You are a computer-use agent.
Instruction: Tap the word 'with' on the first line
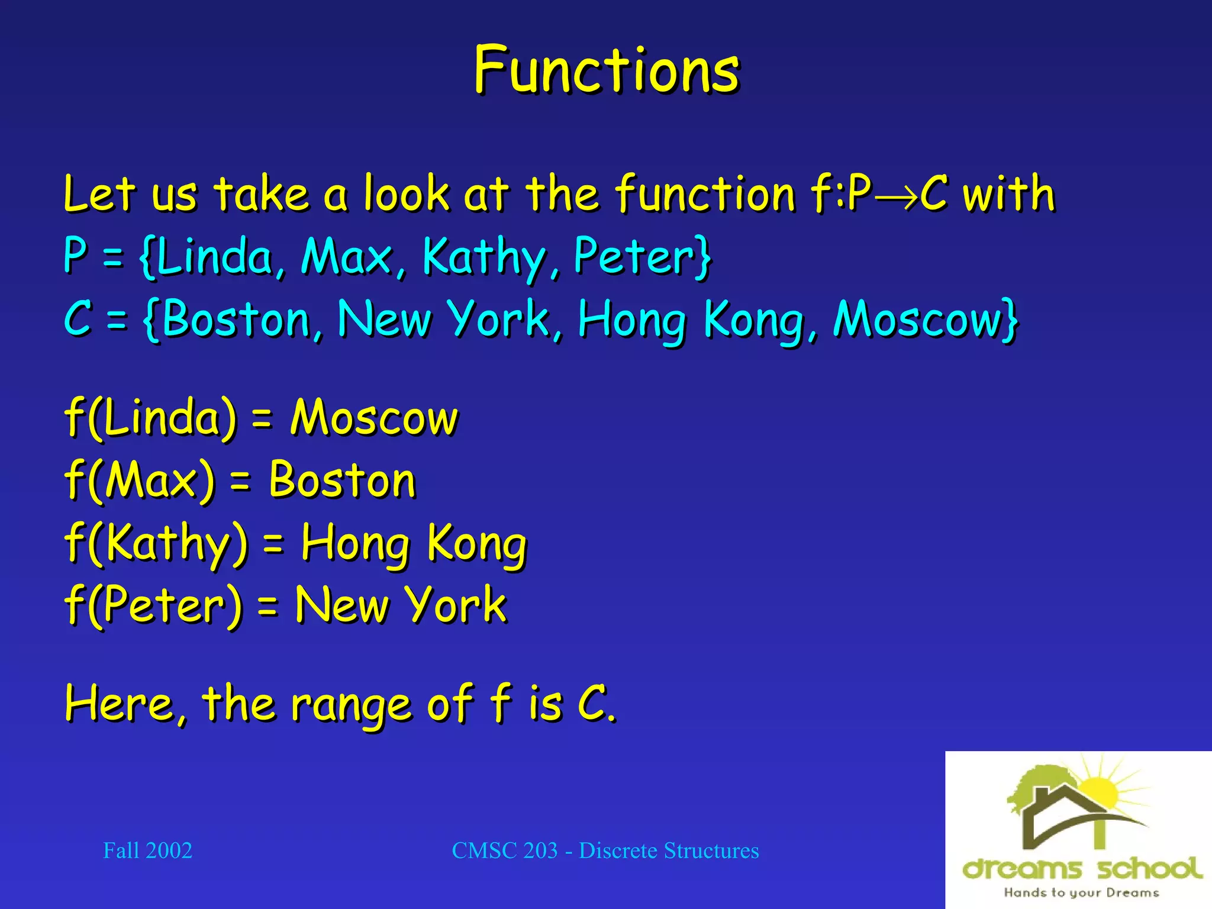[1008, 194]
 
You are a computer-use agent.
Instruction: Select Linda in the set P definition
[214, 256]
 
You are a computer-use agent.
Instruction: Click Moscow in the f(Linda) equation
[374, 418]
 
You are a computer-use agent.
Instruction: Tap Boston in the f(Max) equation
[342, 480]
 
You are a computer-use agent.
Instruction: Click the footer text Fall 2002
[147, 850]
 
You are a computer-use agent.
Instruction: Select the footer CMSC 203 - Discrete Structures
[605, 850]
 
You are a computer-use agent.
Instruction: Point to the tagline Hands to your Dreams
[1081, 892]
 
